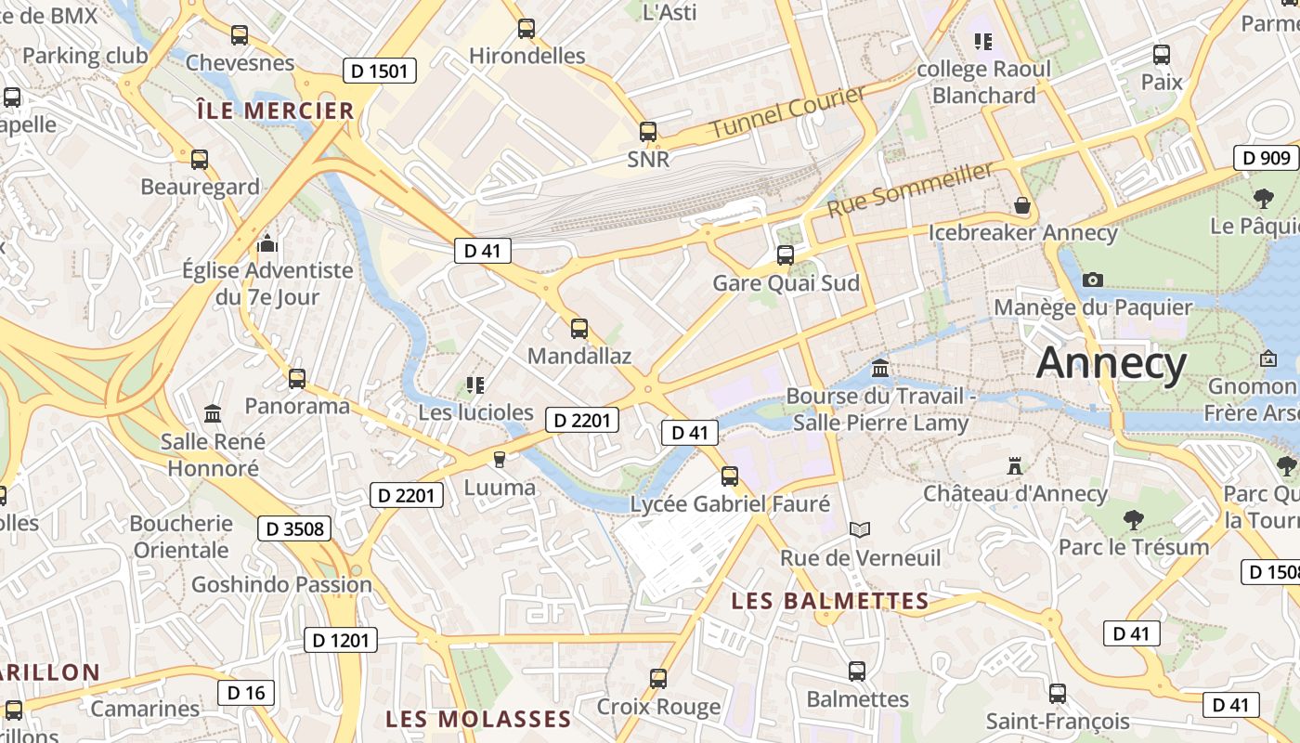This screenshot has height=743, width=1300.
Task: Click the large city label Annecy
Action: click(1111, 362)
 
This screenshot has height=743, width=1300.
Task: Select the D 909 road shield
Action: click(1266, 158)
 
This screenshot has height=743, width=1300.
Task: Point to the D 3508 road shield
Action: click(294, 528)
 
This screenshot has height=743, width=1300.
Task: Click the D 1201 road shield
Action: click(341, 640)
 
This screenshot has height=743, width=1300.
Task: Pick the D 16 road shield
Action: click(246, 692)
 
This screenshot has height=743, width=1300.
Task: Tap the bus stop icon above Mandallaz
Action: click(579, 328)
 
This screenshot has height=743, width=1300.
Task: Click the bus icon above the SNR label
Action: click(648, 132)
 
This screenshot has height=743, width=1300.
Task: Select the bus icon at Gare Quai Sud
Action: click(786, 254)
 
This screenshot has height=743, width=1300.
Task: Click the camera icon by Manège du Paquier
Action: click(1093, 280)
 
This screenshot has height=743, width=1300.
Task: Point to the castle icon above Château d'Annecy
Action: click(1014, 465)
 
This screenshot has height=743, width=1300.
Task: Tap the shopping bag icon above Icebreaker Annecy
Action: click(1022, 205)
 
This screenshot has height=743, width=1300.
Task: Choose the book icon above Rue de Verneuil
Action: click(861, 529)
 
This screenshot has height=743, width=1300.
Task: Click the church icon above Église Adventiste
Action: click(267, 244)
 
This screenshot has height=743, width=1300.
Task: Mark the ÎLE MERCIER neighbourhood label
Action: click(276, 111)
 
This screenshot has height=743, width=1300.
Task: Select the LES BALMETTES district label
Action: click(830, 601)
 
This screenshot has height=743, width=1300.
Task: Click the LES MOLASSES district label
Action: click(478, 719)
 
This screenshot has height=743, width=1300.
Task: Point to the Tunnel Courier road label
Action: click(787, 112)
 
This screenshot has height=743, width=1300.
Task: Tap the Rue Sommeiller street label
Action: click(910, 189)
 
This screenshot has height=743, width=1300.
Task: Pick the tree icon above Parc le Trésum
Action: click(1133, 519)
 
